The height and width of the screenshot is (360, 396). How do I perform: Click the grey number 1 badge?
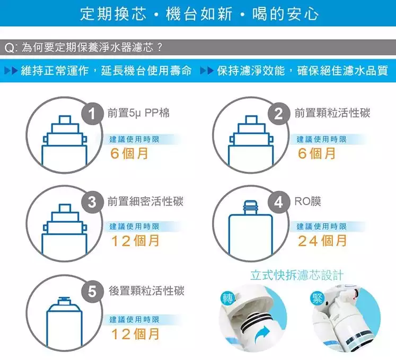point(92,113)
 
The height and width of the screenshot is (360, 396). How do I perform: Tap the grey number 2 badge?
point(278,113)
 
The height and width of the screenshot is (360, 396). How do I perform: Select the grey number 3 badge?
point(92,202)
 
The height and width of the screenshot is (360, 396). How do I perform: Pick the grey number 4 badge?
point(278,202)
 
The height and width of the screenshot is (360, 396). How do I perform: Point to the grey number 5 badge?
point(92,291)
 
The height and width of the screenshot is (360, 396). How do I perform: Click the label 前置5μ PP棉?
point(138,113)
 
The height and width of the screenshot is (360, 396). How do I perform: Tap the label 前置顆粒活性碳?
point(332,113)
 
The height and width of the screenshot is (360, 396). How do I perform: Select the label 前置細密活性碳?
point(145,201)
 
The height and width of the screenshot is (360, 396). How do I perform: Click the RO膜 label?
point(308,201)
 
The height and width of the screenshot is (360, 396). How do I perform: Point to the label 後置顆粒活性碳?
point(146,291)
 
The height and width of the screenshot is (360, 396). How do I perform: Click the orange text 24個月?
point(322,241)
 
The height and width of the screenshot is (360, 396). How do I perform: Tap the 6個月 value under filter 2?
point(316,153)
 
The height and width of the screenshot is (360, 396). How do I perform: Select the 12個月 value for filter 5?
point(135,334)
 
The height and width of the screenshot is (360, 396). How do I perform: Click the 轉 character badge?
point(227,298)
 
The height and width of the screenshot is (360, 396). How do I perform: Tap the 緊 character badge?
point(317,298)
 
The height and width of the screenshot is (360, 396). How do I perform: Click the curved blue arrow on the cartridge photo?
point(262,335)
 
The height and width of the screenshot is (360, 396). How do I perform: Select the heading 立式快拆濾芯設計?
point(297,275)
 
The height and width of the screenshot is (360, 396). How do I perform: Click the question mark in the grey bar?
point(160,47)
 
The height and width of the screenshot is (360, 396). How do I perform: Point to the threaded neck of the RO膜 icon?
point(250,208)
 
